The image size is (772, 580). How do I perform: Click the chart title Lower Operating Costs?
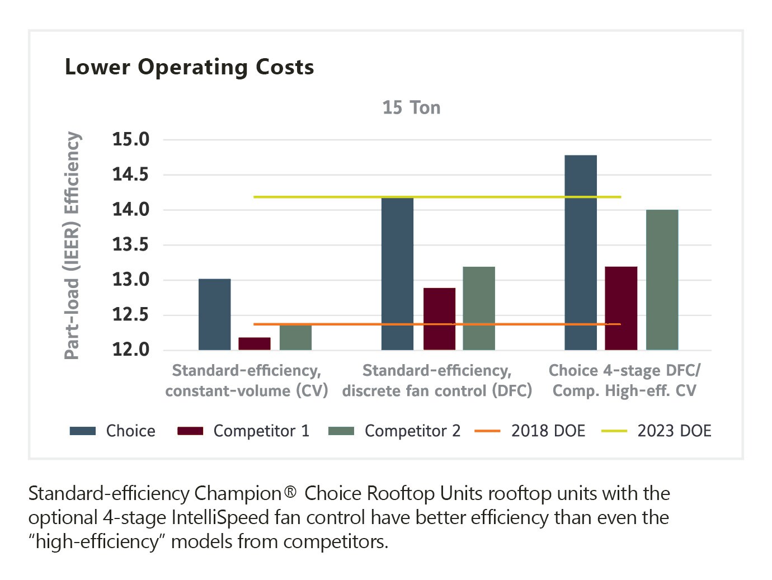(x=189, y=67)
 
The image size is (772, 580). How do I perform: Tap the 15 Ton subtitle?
(x=411, y=107)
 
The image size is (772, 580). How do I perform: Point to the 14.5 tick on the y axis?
(x=131, y=175)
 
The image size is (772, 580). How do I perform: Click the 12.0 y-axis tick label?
(x=131, y=350)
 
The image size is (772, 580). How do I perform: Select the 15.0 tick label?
(x=131, y=139)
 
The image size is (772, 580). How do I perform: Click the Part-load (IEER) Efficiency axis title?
(x=72, y=245)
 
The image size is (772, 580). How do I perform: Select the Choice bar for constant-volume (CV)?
(x=214, y=314)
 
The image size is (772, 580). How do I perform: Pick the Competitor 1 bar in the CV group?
(x=255, y=344)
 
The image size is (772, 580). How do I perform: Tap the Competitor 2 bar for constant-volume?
(x=295, y=337)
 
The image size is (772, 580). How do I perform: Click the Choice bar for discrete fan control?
(x=397, y=274)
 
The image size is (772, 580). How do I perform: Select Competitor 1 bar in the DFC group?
(x=439, y=319)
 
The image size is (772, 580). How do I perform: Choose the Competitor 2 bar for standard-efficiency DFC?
(x=479, y=309)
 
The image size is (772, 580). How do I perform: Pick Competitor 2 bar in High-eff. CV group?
(x=662, y=280)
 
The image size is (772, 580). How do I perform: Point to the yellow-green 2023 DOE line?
(x=313, y=197)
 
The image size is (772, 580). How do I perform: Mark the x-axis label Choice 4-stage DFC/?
(x=624, y=370)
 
